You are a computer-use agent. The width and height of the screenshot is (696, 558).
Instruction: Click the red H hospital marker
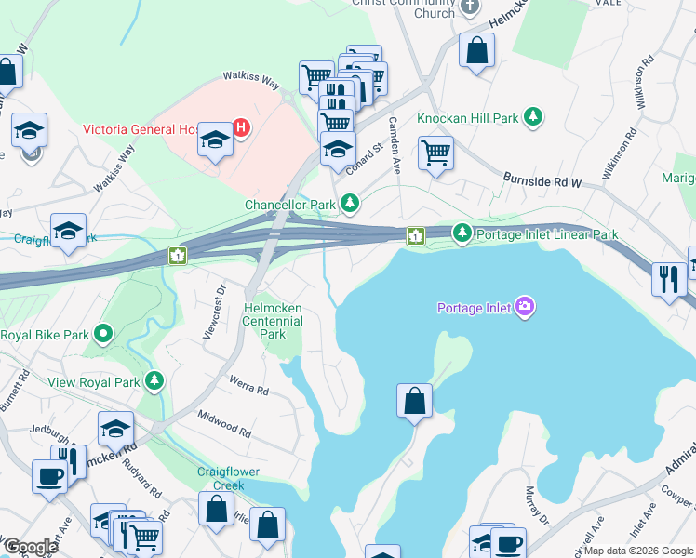(241, 127)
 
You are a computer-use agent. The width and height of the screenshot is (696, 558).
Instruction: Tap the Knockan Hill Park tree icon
(533, 117)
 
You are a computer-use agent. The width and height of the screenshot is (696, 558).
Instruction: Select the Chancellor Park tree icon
(350, 203)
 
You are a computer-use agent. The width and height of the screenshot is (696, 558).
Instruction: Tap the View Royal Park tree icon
(154, 380)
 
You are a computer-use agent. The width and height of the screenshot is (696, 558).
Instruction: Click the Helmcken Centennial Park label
(273, 321)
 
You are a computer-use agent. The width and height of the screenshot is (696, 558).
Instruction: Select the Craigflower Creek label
(221, 478)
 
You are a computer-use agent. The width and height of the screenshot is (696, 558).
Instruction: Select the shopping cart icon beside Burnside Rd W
(435, 152)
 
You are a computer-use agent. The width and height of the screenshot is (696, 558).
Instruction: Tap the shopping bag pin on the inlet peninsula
(415, 401)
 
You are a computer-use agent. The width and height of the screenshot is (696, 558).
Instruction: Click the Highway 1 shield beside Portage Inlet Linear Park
(415, 237)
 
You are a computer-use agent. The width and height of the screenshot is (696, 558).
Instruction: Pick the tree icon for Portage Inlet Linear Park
(462, 233)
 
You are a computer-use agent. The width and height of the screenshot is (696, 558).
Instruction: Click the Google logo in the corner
(30, 547)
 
